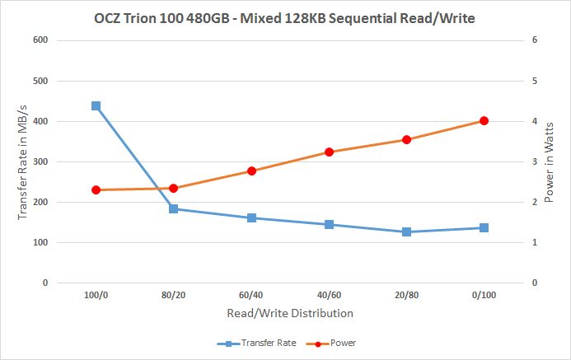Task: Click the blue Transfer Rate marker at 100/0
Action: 96,106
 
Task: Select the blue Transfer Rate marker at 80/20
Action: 174,208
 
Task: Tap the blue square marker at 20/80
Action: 406,232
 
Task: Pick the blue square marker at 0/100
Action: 484,227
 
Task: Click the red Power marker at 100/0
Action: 96,190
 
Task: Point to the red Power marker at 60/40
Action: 251,171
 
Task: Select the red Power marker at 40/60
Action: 329,152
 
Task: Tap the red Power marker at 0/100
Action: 484,121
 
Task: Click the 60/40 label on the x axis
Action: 251,295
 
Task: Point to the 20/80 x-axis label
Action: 406,295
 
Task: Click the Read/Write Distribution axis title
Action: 290,313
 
